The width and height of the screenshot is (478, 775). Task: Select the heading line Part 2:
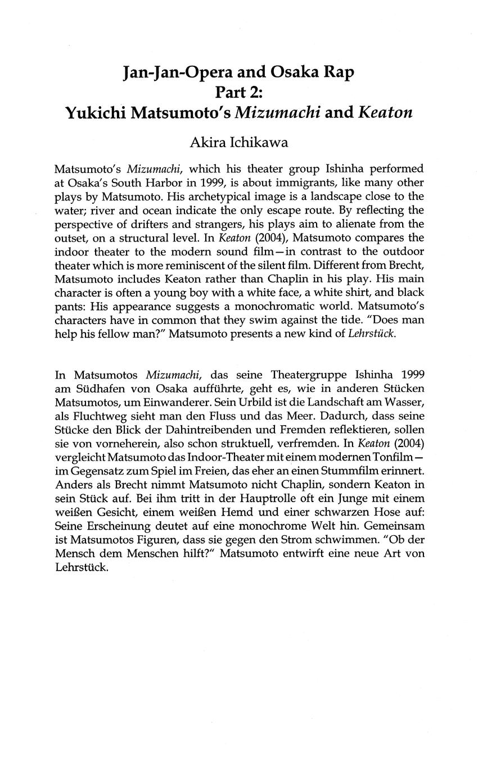click(239, 93)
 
